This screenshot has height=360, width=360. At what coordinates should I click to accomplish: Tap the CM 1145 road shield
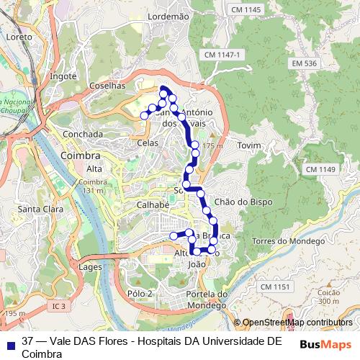coord(247,9)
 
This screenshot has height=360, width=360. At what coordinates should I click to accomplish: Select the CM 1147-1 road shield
coord(222,55)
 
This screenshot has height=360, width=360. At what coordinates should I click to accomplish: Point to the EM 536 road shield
coord(305,63)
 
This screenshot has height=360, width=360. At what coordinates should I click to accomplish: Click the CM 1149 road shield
coord(320,169)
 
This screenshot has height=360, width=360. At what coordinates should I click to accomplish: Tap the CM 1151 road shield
coord(275,287)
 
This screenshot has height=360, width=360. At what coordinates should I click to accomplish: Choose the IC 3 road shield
coord(58,306)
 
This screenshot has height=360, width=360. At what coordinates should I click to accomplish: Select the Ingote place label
coord(63,76)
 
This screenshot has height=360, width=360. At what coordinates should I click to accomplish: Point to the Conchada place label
coord(83,134)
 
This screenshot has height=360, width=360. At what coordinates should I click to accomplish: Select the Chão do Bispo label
coord(243,202)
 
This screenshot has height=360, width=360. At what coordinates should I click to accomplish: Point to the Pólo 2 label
coord(140,293)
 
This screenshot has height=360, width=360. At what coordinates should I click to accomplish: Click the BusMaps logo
coord(325,345)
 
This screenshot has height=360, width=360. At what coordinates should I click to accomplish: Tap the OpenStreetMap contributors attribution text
coord(297,323)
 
